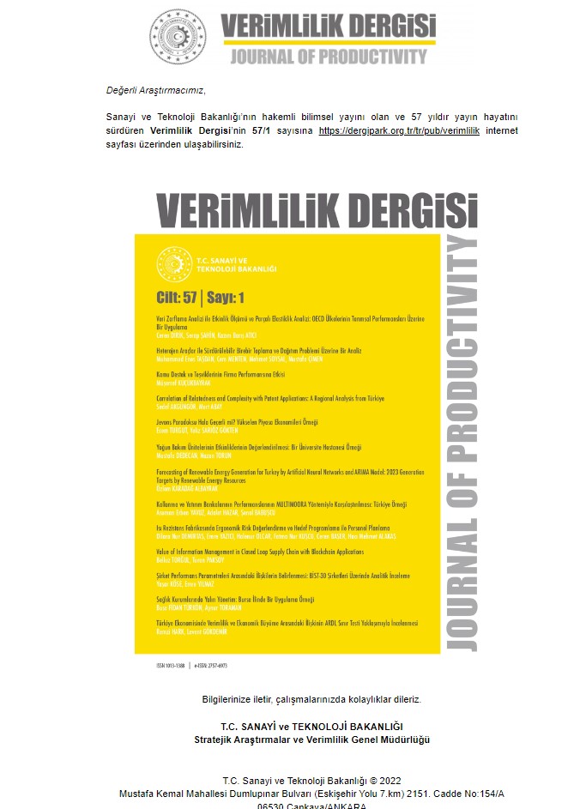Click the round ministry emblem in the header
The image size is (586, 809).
[178, 36]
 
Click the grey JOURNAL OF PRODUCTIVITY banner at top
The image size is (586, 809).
[328, 57]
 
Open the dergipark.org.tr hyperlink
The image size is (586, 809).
[400, 130]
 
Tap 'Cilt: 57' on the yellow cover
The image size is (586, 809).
[177, 298]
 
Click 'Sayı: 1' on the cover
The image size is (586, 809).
[226, 298]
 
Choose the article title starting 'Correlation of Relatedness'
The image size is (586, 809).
[270, 399]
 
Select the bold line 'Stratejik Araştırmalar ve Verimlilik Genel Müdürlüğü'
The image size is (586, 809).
[311, 740]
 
